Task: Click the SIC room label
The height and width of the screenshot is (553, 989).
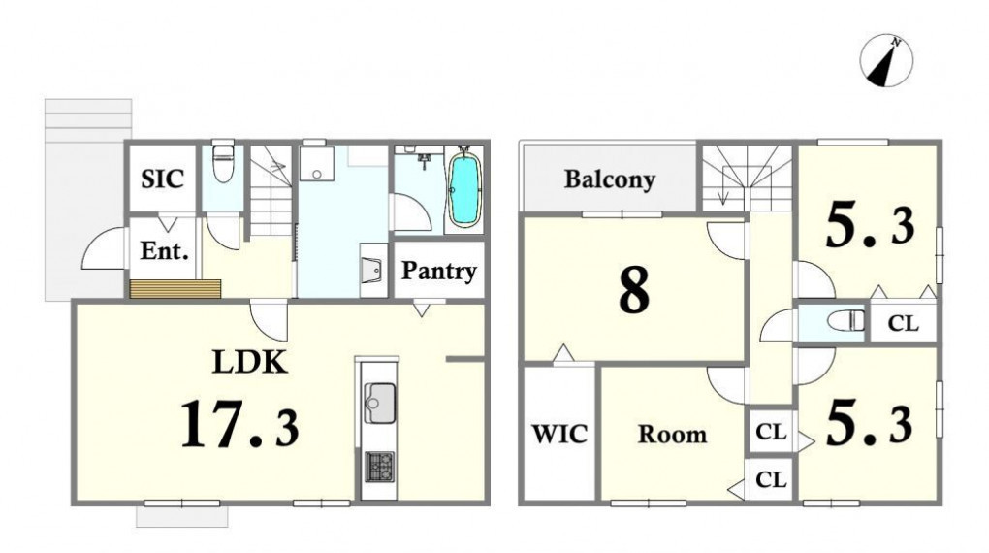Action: click(162, 179)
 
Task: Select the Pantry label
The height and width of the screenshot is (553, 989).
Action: click(439, 271)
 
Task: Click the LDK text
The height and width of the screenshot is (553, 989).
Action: click(250, 362)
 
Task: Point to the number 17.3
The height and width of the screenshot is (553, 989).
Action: click(239, 424)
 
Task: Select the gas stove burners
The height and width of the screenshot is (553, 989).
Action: click(380, 468)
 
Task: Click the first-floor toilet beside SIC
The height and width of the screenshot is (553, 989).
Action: click(223, 163)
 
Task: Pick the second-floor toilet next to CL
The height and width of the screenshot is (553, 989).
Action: click(846, 321)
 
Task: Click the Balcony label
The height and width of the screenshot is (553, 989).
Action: click(609, 179)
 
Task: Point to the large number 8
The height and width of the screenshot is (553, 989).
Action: click(634, 291)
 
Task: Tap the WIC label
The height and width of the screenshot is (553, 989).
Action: click(559, 434)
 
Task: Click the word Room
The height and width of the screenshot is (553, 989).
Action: click(672, 435)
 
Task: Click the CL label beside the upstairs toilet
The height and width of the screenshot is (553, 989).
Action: click(904, 323)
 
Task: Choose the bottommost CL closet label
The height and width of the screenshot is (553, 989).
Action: click(771, 480)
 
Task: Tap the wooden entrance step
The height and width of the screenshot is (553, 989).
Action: click(175, 288)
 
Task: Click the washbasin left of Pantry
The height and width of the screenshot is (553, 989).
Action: click(373, 270)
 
